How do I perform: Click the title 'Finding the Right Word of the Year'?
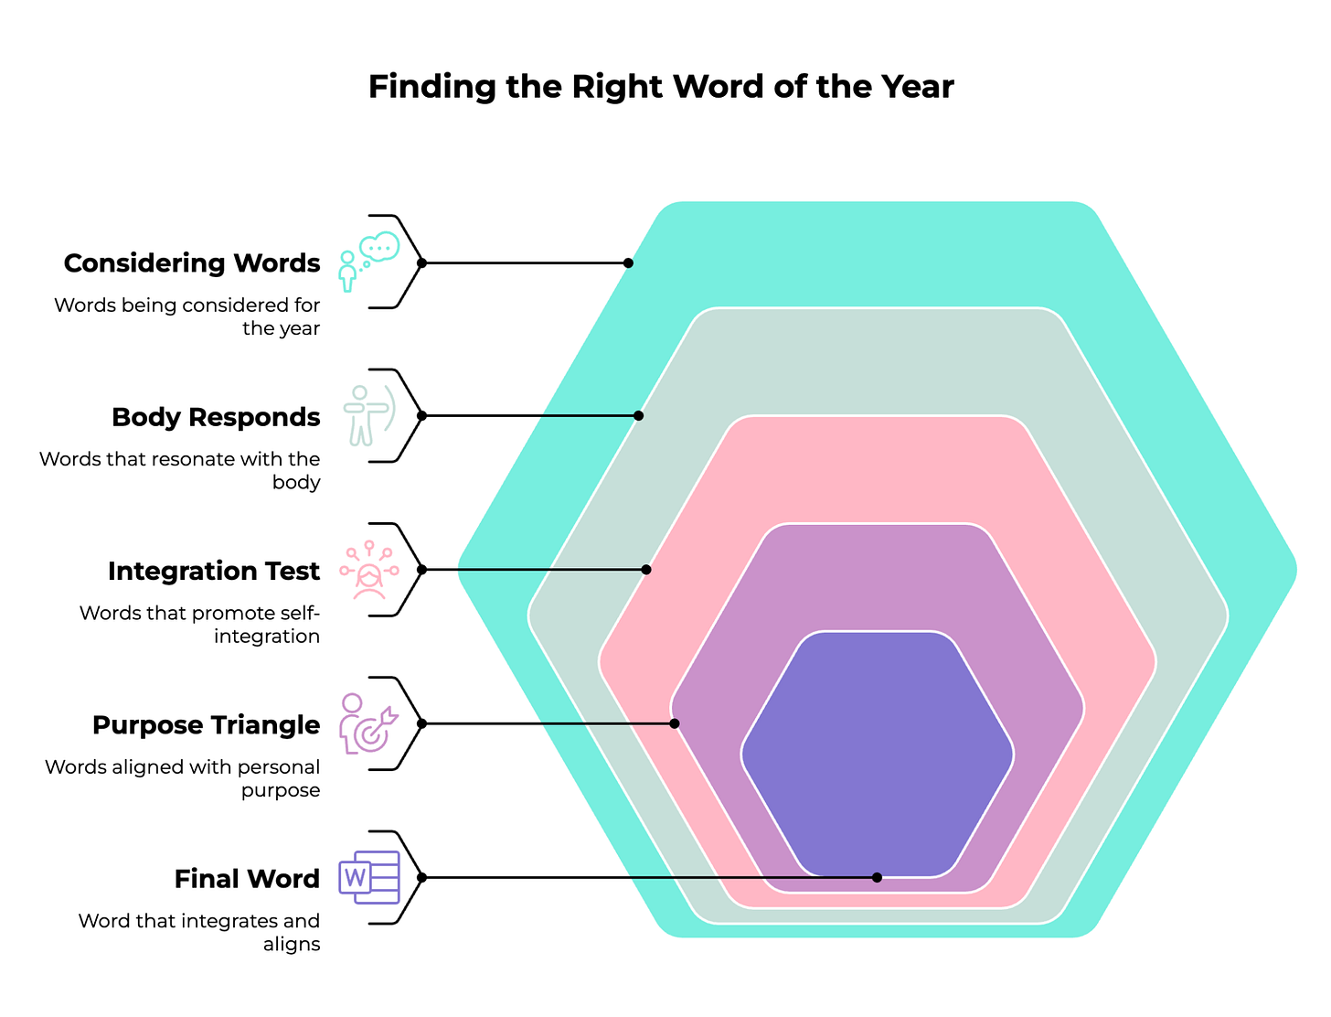[x=661, y=87]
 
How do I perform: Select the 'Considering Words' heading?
[x=192, y=263]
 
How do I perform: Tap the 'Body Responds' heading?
[x=216, y=417]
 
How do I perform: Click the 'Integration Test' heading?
[x=214, y=571]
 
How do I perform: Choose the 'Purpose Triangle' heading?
[x=207, y=725]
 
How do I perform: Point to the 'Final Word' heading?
[x=247, y=879]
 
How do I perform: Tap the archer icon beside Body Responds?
[x=368, y=415]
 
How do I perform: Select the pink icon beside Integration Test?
[x=368, y=570]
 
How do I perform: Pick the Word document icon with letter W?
[x=368, y=877]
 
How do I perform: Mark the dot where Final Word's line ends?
[x=877, y=877]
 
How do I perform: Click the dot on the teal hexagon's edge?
[x=628, y=262]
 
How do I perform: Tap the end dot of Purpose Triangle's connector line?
[x=675, y=723]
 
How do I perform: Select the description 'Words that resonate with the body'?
[x=180, y=470]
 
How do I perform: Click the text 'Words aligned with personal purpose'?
[x=183, y=778]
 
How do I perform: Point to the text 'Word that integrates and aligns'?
[x=199, y=932]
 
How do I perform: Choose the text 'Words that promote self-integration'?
[x=199, y=624]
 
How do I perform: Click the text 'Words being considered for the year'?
[x=187, y=316]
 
